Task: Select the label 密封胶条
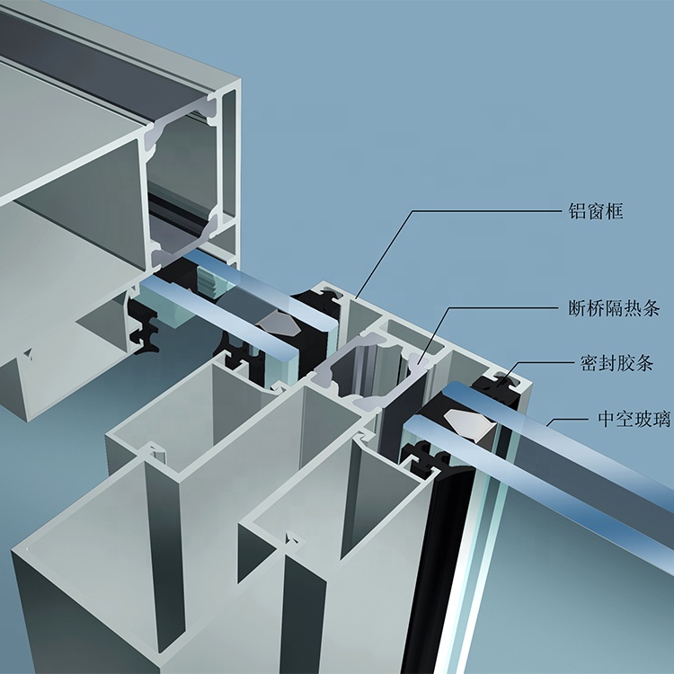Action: point(617,364)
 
